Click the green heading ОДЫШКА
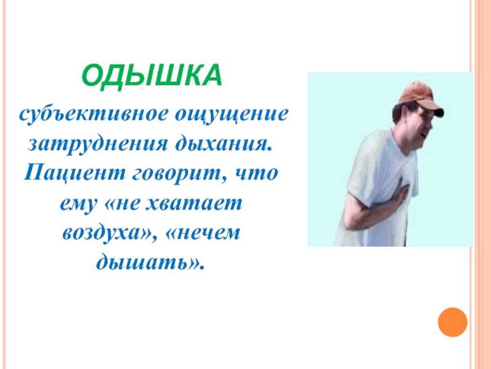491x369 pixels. coord(152,76)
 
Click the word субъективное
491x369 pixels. coord(93,114)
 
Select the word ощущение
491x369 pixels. coord(231,115)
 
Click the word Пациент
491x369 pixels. coord(74,173)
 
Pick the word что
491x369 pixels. coord(256,173)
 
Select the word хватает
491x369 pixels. coord(194,203)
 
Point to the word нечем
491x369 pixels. coord(206,234)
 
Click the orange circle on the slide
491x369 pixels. coord(452,322)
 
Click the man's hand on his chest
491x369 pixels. coord(400,196)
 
